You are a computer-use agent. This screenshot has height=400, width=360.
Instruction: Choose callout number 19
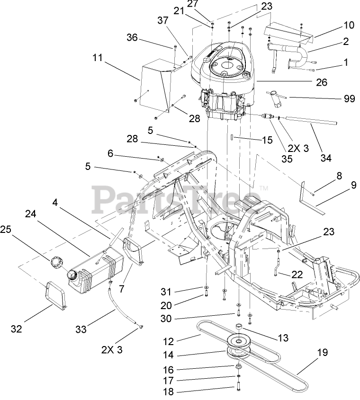pyautogui.click(x=322, y=352)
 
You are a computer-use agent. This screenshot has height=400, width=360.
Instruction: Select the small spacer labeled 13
pyautogui.click(x=239, y=327)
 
